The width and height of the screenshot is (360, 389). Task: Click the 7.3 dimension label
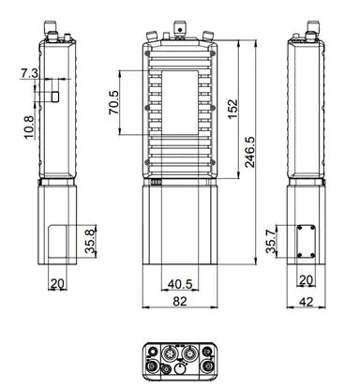point(29,74)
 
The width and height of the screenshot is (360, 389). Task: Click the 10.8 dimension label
point(28,127)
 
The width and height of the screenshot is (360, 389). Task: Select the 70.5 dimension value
point(113,102)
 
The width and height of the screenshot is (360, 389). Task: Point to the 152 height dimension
point(232,109)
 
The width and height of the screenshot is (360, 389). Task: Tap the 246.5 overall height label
point(250,152)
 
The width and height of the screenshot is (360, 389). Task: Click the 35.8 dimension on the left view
point(91,241)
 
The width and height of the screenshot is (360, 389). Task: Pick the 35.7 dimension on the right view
point(271,241)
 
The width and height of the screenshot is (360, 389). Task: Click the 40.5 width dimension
point(180,284)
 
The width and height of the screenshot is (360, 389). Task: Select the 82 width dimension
point(180,301)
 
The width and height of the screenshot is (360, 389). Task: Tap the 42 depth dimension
point(306,302)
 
